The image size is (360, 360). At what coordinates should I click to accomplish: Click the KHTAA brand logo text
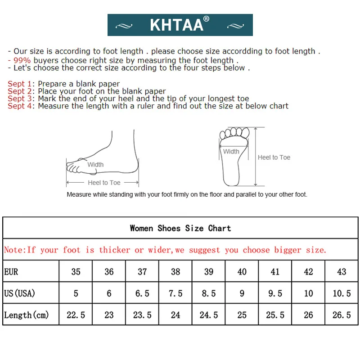pyautogui.click(x=177, y=25)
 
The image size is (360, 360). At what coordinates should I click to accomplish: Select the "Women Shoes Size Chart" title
pyautogui.click(x=180, y=228)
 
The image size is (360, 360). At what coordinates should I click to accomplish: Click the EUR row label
pyautogui.click(x=11, y=272)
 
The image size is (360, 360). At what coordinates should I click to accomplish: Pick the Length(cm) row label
pyautogui.click(x=26, y=315)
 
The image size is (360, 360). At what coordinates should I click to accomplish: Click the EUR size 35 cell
pyautogui.click(x=76, y=272)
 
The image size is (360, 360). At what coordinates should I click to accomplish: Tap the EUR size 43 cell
pyautogui.click(x=342, y=272)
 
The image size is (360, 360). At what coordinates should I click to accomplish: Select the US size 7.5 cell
pyautogui.click(x=175, y=293)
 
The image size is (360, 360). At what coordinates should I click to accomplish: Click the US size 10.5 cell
pyautogui.click(x=342, y=293)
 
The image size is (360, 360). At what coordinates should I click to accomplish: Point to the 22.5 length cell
pyautogui.click(x=76, y=315)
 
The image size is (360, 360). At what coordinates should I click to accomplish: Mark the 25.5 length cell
pyautogui.click(x=275, y=315)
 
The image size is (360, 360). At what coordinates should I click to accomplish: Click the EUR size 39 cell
pyautogui.click(x=209, y=272)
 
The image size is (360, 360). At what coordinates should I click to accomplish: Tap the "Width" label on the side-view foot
pyautogui.click(x=95, y=165)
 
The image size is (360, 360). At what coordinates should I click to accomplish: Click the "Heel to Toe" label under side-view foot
pyautogui.click(x=104, y=183)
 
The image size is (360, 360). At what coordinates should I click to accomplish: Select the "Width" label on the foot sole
pyautogui.click(x=231, y=152)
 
